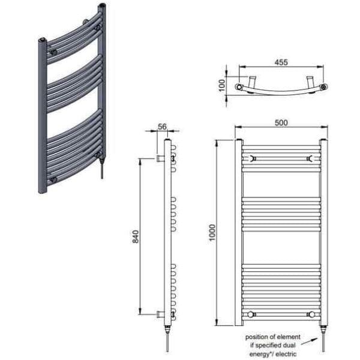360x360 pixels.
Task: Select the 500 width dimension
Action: tap(281, 122)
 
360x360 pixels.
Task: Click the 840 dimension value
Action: tap(136, 236)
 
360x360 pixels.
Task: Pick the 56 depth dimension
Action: tap(162, 127)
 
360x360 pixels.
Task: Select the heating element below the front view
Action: tap(323, 335)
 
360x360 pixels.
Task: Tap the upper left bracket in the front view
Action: tap(252, 158)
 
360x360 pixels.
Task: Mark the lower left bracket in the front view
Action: tap(252, 313)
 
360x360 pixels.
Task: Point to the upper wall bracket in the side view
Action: tap(160, 158)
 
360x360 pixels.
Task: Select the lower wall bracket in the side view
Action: tap(160, 314)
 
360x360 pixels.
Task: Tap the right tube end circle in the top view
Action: tap(324, 88)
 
